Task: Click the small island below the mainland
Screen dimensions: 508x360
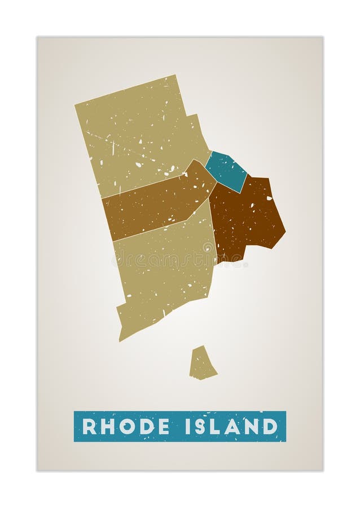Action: (x=202, y=364)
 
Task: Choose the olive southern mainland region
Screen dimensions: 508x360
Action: (x=164, y=271)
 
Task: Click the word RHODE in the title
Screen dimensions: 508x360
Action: (x=125, y=426)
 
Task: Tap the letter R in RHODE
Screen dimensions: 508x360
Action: (x=89, y=426)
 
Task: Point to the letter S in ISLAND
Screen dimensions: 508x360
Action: (x=201, y=426)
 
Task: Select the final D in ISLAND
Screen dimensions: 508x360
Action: (x=270, y=426)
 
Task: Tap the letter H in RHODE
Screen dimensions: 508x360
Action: (x=107, y=426)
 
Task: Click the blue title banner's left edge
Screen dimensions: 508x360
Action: (x=76, y=426)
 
